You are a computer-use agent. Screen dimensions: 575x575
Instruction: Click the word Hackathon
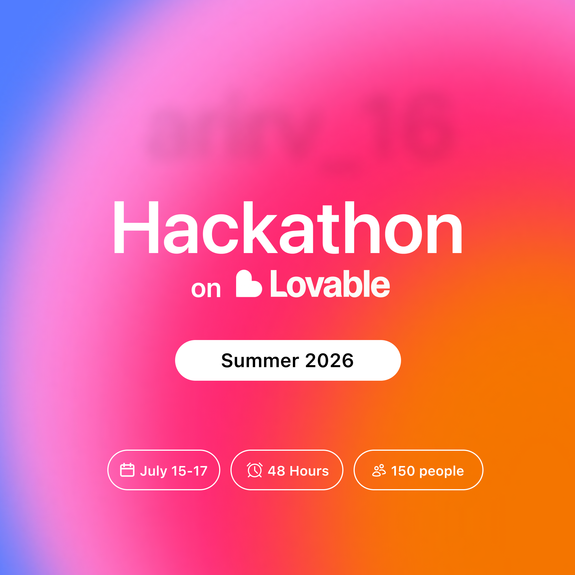(287, 228)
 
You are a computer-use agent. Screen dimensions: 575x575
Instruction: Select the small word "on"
(206, 289)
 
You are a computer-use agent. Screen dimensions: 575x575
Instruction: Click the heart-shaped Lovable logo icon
(248, 284)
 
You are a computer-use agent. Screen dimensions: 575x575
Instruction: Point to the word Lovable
(330, 284)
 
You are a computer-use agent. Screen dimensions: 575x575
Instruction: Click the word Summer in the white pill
(260, 361)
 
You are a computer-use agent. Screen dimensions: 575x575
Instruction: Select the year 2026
(329, 361)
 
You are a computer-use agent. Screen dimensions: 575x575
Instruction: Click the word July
(154, 471)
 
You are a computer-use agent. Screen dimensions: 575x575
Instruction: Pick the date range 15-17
(189, 471)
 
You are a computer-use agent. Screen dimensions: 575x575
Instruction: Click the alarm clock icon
(255, 470)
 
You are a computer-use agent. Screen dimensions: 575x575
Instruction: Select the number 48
(276, 471)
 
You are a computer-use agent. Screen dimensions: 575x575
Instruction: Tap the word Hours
(309, 471)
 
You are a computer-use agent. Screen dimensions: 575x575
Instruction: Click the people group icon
(379, 471)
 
